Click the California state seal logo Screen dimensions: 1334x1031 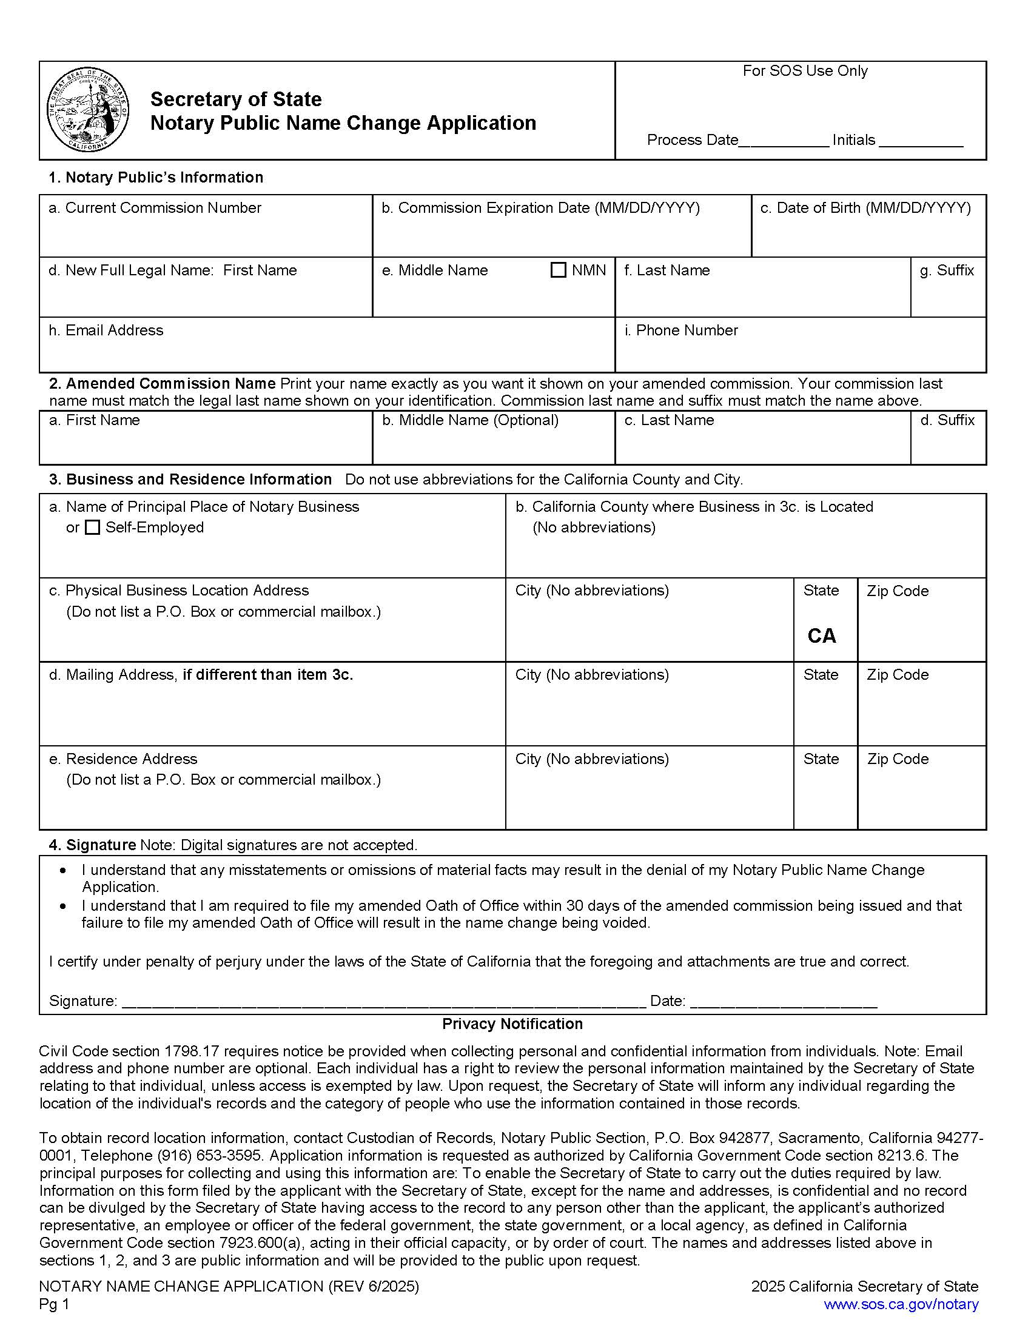pos(88,110)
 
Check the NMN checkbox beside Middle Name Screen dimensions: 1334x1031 pos(558,270)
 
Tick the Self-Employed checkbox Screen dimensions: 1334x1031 pos(92,527)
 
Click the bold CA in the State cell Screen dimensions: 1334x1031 pos(822,636)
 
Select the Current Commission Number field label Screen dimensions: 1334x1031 pos(155,207)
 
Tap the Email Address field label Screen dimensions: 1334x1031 pos(106,330)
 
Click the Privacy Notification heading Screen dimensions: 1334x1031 pos(512,1024)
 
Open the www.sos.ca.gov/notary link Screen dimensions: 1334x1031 pos(901,1304)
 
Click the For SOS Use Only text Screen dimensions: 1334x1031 pos(804,71)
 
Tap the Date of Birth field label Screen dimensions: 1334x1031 pos(865,207)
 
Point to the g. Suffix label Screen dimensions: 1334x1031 pos(946,270)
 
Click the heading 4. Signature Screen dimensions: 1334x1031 pos(92,845)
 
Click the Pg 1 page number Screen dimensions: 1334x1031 pos(55,1304)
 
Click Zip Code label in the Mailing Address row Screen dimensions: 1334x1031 pos(897,674)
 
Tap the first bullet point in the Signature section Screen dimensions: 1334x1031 pos(64,870)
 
